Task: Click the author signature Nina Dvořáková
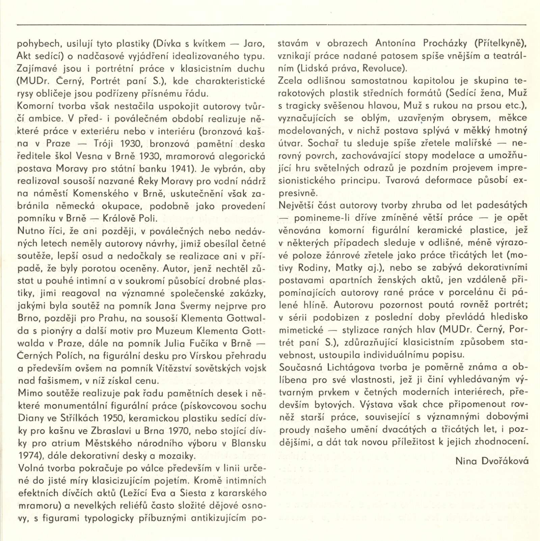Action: click(x=492, y=461)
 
